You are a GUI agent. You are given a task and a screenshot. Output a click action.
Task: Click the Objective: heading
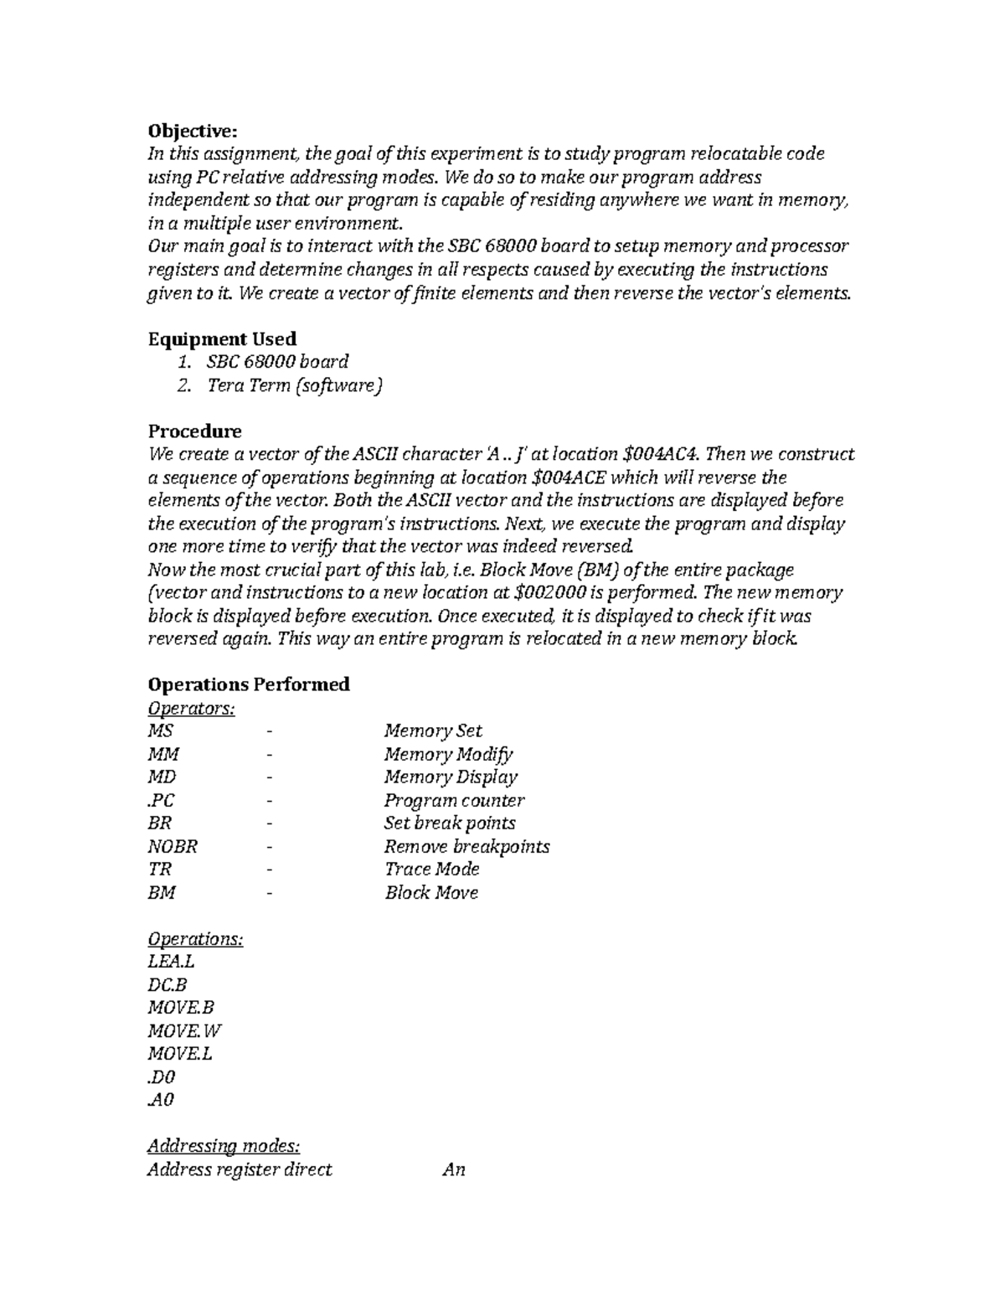coord(193,131)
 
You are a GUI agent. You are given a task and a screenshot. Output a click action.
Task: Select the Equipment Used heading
coord(222,338)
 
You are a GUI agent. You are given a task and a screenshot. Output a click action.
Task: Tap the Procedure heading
coord(194,431)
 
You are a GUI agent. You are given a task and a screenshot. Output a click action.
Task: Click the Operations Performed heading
coord(249,684)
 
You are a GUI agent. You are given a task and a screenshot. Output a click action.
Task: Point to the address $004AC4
coord(662,454)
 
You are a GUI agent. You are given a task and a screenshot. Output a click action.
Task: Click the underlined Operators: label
coord(191,708)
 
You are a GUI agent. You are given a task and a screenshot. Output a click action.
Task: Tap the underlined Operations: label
coord(195,938)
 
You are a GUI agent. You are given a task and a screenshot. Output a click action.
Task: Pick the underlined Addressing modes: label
coord(224,1146)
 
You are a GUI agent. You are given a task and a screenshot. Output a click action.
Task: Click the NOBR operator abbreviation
coord(173,846)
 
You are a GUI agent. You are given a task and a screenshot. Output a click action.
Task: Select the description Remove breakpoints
coord(466,846)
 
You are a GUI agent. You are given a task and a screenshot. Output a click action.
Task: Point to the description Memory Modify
coord(448,754)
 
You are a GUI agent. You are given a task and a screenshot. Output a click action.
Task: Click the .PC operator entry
coord(161,800)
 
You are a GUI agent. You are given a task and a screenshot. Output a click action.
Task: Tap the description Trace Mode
coord(431,869)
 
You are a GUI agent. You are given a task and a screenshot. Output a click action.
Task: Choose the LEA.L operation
coord(171,962)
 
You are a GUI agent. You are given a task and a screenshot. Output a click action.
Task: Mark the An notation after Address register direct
coord(453,1169)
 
